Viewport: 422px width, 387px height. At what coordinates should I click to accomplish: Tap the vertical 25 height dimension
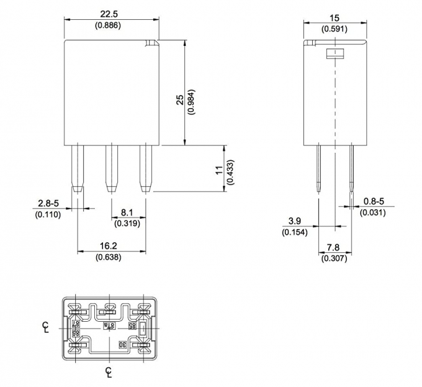pos(179,101)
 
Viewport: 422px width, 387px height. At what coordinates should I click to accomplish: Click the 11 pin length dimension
pos(218,170)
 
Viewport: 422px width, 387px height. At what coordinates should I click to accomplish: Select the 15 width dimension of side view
pos(334,18)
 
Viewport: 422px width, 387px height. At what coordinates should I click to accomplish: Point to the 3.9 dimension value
pos(295,221)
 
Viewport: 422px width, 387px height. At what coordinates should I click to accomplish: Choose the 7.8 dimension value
pos(334,248)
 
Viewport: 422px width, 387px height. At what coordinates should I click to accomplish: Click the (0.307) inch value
pos(334,258)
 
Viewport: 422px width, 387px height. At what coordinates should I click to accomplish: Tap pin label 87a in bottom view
pos(109,324)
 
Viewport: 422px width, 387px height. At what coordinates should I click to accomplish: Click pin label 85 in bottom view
pos(132,324)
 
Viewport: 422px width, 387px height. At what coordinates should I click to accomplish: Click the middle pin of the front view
pos(112,168)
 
